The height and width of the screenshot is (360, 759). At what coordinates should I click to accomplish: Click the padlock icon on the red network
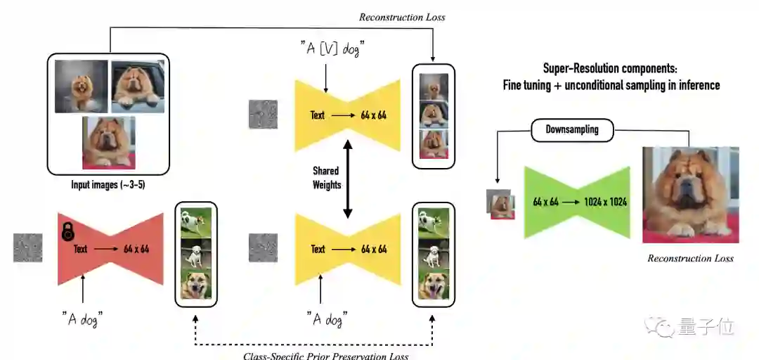coord(68,232)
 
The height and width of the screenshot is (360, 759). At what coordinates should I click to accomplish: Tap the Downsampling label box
coord(572,129)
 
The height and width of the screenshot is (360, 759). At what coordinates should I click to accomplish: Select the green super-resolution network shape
coord(577,202)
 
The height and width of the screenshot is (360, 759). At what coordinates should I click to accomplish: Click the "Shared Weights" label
coord(326,178)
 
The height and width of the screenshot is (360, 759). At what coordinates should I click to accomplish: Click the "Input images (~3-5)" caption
coord(108,185)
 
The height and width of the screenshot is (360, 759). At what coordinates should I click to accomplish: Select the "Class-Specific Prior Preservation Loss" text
coord(325,356)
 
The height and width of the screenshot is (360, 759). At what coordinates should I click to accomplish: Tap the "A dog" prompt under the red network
coord(83,320)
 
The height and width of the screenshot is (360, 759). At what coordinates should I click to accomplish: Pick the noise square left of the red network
coord(27,247)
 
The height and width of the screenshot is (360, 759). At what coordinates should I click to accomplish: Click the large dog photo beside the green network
coord(690,195)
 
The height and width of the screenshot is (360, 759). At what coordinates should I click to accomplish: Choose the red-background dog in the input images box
coord(108,142)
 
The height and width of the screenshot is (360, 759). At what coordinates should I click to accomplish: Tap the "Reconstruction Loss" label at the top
coord(402,17)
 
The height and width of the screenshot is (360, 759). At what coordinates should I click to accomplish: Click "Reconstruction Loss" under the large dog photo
coord(690,259)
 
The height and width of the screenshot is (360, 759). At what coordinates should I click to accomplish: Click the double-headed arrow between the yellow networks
coord(346,178)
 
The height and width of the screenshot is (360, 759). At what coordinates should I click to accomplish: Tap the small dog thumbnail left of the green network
coord(501,205)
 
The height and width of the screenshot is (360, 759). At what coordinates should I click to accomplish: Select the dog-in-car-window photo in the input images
coord(138,86)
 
